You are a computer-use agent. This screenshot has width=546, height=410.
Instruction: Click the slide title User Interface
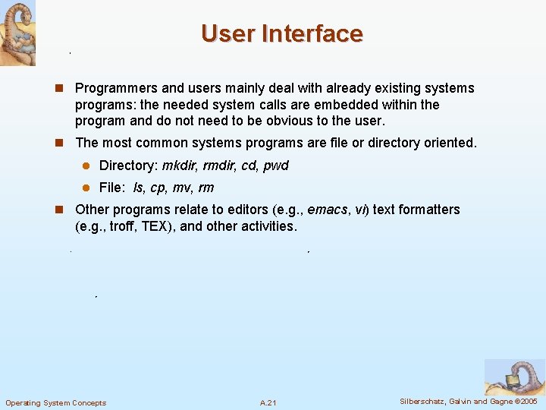click(x=282, y=33)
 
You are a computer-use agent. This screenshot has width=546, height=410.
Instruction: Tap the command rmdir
click(x=220, y=166)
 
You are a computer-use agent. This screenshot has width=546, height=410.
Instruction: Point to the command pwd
click(x=276, y=166)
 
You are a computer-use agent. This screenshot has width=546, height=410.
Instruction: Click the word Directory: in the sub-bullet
click(x=128, y=166)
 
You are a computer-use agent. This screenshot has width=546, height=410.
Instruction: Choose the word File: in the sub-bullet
click(x=112, y=188)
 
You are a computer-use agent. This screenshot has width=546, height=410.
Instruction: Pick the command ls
click(x=138, y=188)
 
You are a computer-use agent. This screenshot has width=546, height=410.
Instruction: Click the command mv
click(x=183, y=188)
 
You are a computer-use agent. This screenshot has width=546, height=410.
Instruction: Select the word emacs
click(x=328, y=210)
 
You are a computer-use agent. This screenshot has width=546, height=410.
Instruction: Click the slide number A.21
click(x=268, y=402)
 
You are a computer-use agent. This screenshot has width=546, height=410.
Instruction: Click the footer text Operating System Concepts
click(x=56, y=402)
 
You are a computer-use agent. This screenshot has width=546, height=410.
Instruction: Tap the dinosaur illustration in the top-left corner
click(x=17, y=33)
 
